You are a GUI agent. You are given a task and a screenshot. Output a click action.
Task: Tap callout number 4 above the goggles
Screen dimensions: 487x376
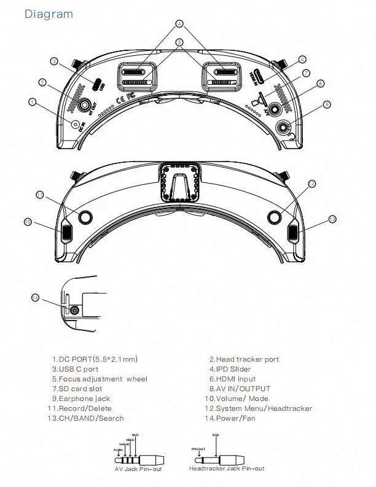point(179,24)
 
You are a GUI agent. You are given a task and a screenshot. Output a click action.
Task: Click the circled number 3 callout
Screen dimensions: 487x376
point(54,61)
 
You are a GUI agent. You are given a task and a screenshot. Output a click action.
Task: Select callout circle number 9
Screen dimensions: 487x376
point(327,105)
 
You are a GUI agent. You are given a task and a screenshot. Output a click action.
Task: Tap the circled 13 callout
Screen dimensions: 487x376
point(332,219)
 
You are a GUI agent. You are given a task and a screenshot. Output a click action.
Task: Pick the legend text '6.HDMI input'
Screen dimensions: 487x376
point(232,379)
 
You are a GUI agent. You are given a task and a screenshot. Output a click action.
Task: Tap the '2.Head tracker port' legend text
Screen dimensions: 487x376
point(244,359)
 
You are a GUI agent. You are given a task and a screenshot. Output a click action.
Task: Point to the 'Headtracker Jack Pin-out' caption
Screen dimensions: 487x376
point(227,469)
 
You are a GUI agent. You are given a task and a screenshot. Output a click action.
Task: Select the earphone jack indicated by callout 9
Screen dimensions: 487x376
point(283,127)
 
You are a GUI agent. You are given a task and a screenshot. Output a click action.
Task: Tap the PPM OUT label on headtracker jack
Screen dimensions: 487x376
point(198,448)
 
